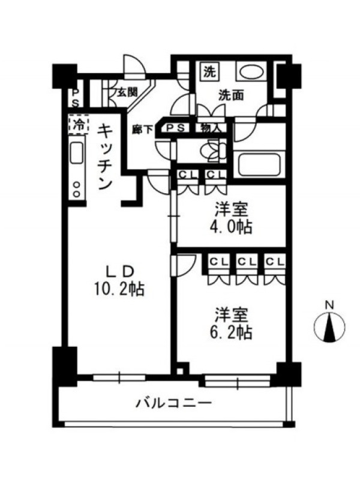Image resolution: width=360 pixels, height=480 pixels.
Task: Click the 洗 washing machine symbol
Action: point(209,71)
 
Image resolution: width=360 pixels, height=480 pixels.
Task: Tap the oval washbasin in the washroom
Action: point(251,72)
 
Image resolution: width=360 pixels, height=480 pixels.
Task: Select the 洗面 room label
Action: point(231,95)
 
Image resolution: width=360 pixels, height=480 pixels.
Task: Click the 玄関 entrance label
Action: point(128,92)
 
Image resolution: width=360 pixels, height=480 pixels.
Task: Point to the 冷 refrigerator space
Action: point(79,124)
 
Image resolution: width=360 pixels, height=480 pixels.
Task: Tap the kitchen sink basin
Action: point(76,153)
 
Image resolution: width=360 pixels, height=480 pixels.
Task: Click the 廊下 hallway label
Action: point(142,130)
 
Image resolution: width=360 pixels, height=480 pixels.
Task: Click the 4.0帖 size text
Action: point(231,227)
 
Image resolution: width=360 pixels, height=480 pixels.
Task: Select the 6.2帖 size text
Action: point(231,332)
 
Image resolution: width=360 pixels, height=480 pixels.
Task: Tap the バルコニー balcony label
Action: point(173,403)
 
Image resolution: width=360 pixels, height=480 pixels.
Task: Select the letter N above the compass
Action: point(329,305)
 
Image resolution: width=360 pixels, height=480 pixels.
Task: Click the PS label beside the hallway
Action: point(176,128)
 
